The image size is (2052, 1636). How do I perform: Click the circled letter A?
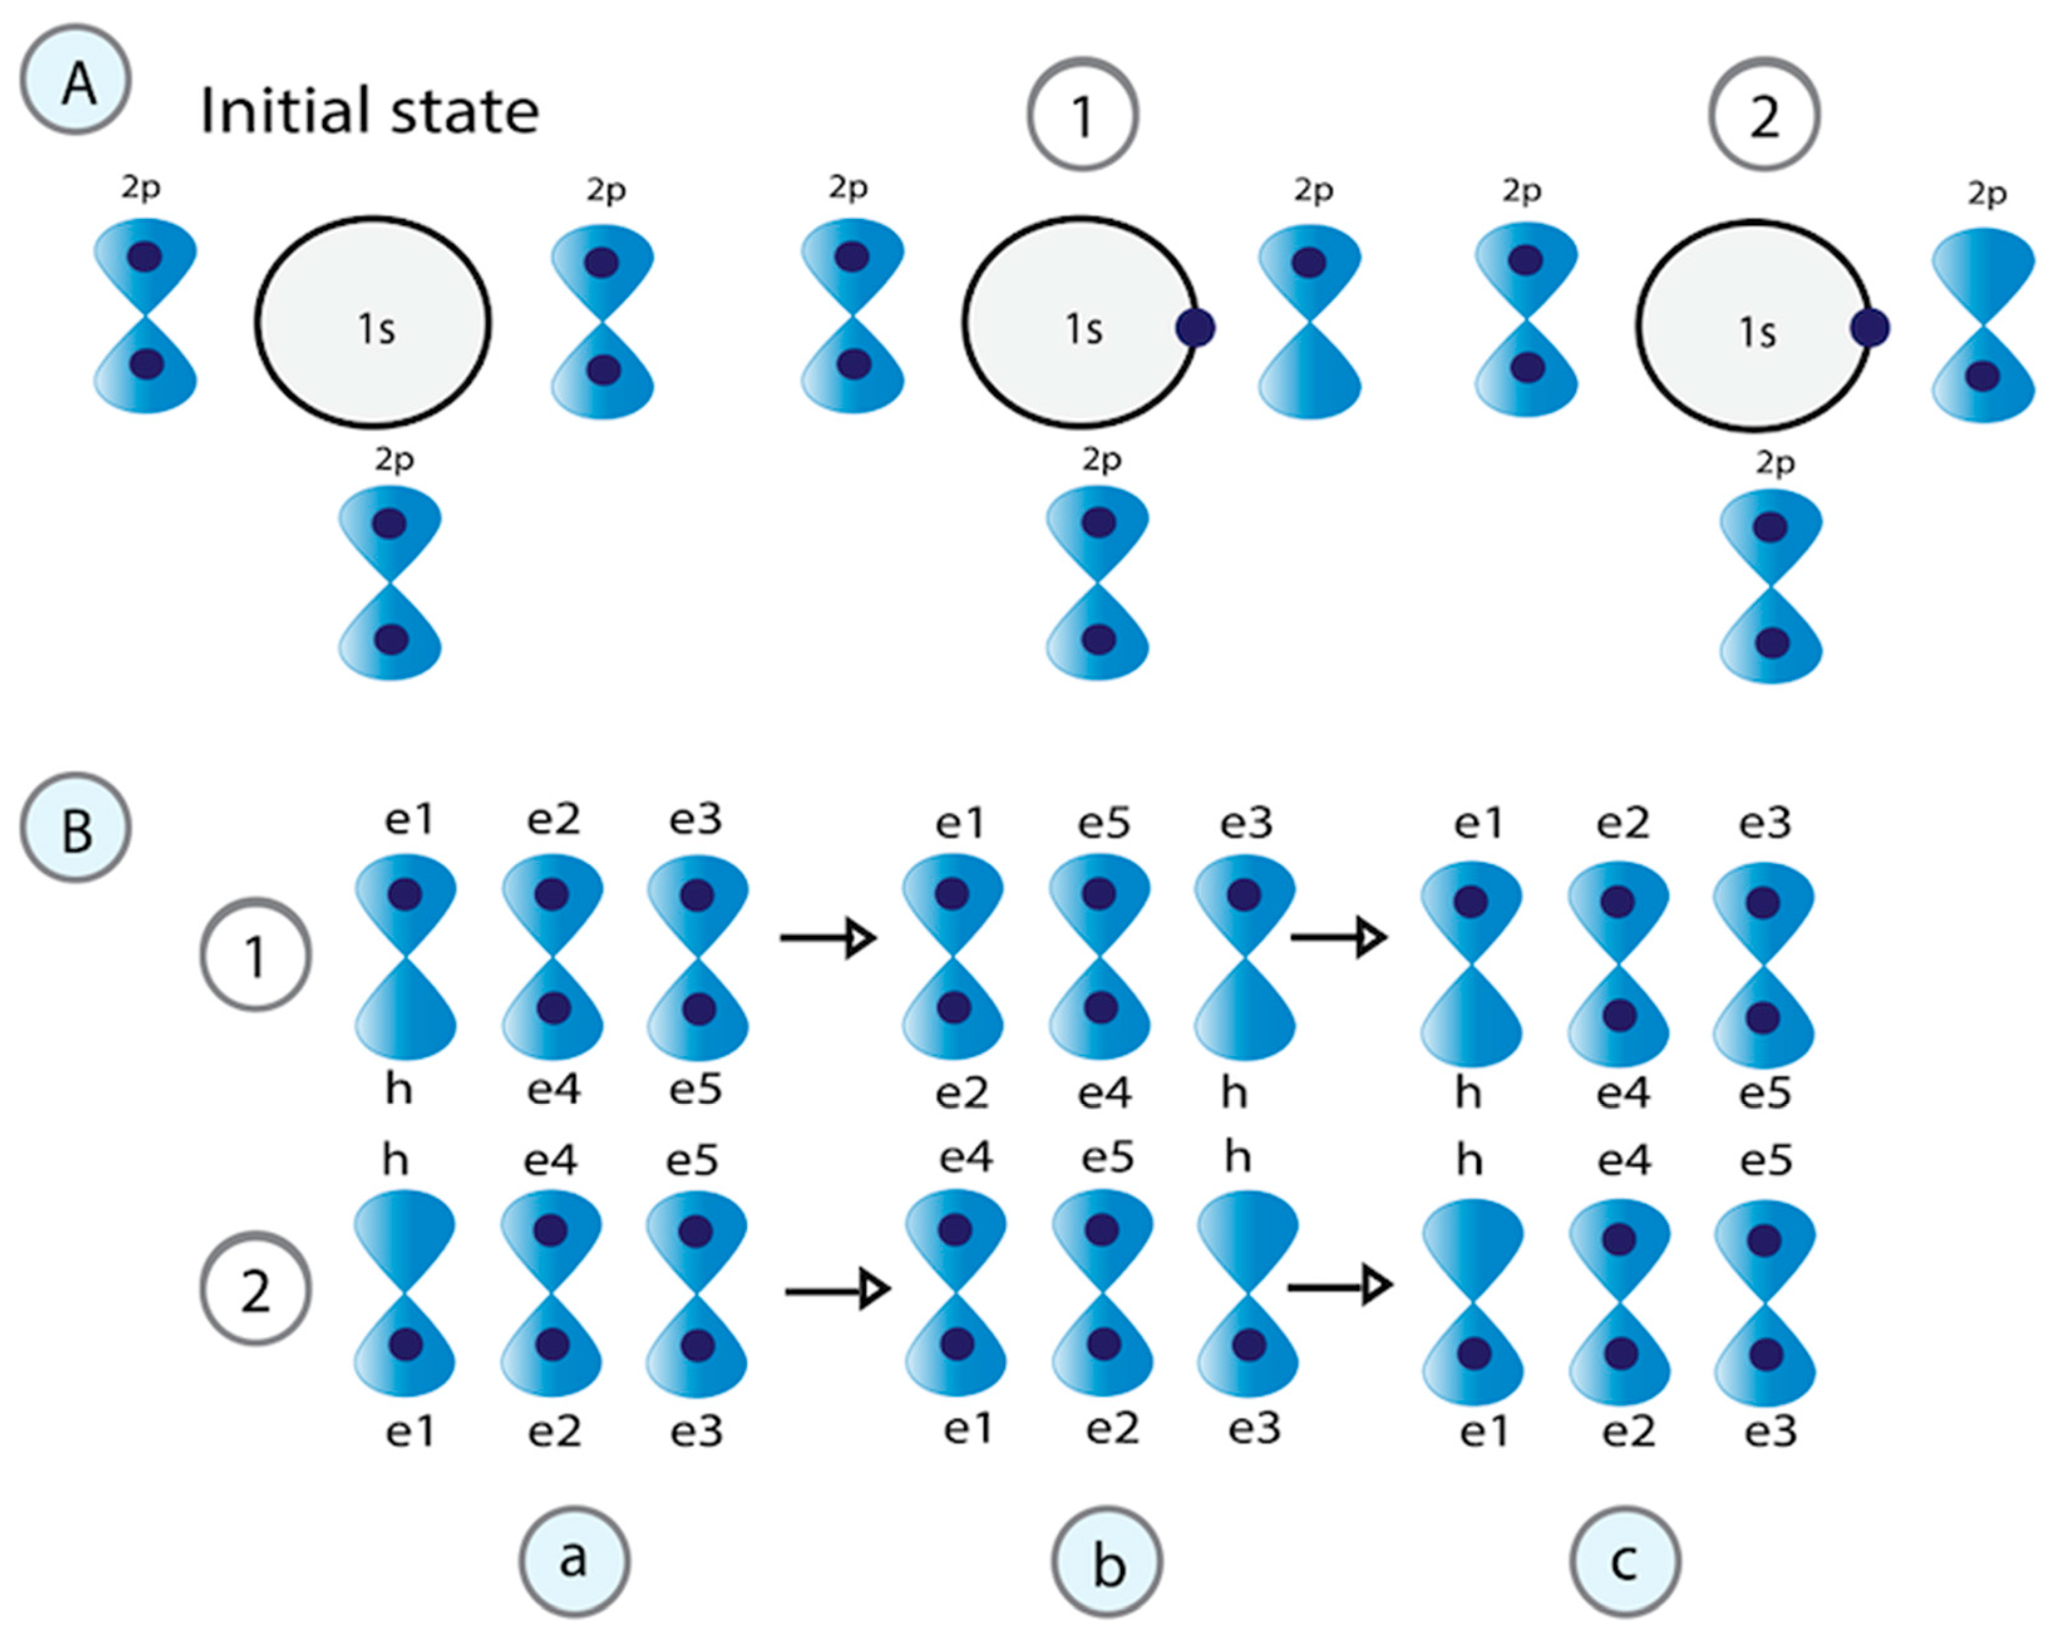75,80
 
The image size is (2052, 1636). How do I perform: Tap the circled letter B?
75,827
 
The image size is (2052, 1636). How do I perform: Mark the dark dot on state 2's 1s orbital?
1870,329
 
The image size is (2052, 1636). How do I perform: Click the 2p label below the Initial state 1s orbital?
394,460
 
